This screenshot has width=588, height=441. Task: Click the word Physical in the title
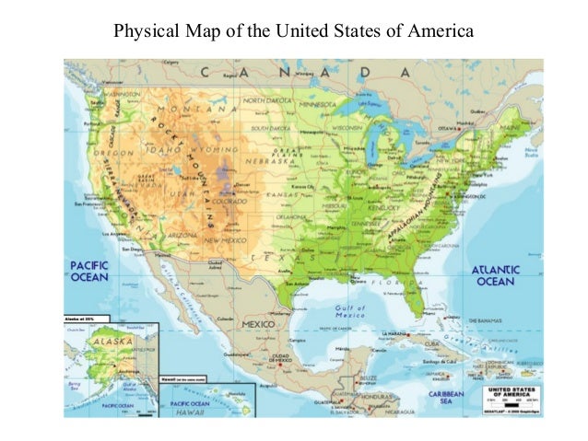pyautogui.click(x=139, y=32)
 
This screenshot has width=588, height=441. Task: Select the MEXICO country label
pyautogui.click(x=261, y=325)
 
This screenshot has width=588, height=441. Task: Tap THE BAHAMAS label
pyautogui.click(x=489, y=318)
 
